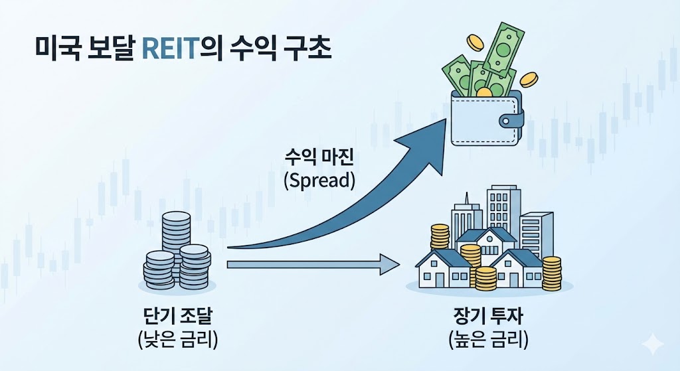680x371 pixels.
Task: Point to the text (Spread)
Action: (319, 180)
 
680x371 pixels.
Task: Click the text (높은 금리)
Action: (488, 339)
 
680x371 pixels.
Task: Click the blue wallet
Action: (481, 119)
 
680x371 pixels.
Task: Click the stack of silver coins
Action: (176, 256)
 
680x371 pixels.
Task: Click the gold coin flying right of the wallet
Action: (529, 80)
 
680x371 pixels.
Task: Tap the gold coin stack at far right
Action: (551, 273)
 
